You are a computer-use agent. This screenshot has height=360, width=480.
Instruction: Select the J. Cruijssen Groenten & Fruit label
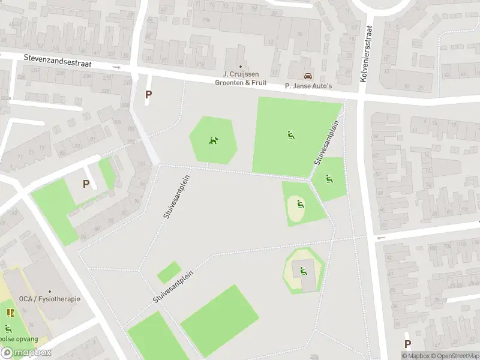pyautogui.click(x=241, y=79)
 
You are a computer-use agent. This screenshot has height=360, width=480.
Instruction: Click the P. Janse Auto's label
pyautogui.click(x=308, y=86)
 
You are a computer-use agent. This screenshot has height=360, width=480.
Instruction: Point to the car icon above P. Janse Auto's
pyautogui.click(x=308, y=76)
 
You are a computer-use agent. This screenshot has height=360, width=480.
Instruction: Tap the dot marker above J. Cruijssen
pyautogui.click(x=241, y=67)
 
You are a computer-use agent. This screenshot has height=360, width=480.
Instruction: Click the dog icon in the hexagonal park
pyautogui.click(x=213, y=141)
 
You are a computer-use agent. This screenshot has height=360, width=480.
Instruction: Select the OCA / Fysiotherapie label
pyautogui.click(x=49, y=299)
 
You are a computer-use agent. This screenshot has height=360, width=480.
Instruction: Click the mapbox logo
pyautogui.click(x=25, y=353)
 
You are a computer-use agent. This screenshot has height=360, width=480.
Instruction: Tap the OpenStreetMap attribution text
pyautogui.click(x=454, y=356)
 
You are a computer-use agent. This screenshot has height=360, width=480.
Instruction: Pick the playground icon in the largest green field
pyautogui.click(x=290, y=135)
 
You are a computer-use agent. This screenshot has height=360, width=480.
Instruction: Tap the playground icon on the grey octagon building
pyautogui.click(x=303, y=271)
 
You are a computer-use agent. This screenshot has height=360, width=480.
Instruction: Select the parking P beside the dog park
pyautogui.click(x=148, y=94)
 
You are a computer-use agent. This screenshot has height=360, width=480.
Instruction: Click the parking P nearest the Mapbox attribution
pyautogui.click(x=407, y=344)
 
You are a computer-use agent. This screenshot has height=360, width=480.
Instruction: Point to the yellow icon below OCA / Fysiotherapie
pyautogui.click(x=10, y=312)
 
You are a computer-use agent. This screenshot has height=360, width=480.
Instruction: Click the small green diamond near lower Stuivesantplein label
pyautogui.click(x=169, y=272)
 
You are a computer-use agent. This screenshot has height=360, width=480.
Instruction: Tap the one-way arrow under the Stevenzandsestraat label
pyautogui.click(x=117, y=68)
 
